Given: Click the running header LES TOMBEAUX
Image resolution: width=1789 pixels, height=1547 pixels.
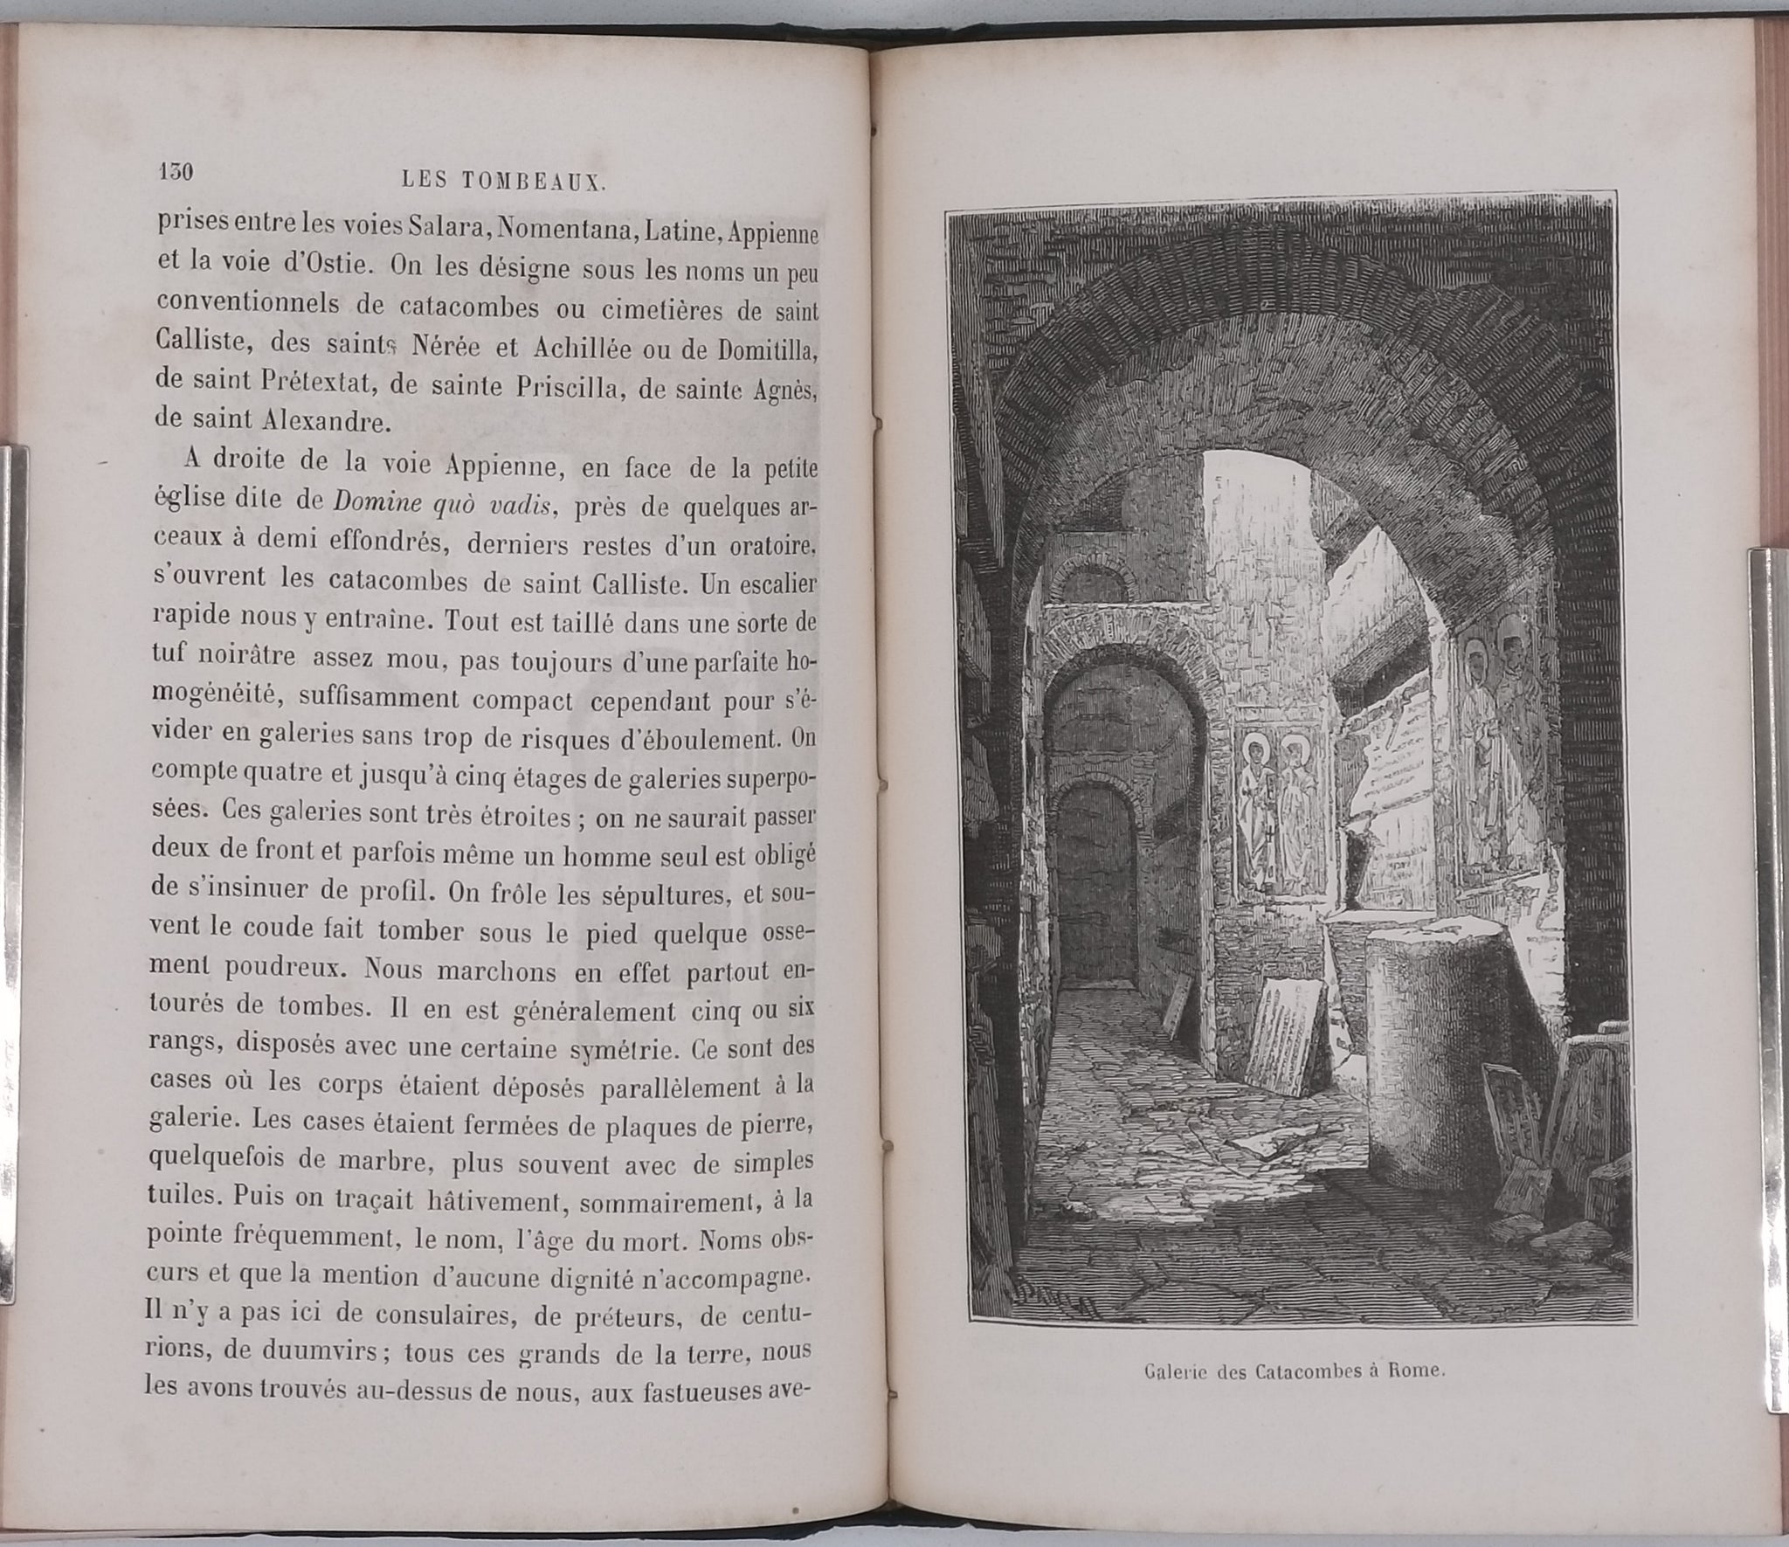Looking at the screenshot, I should pyautogui.click(x=490, y=182).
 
